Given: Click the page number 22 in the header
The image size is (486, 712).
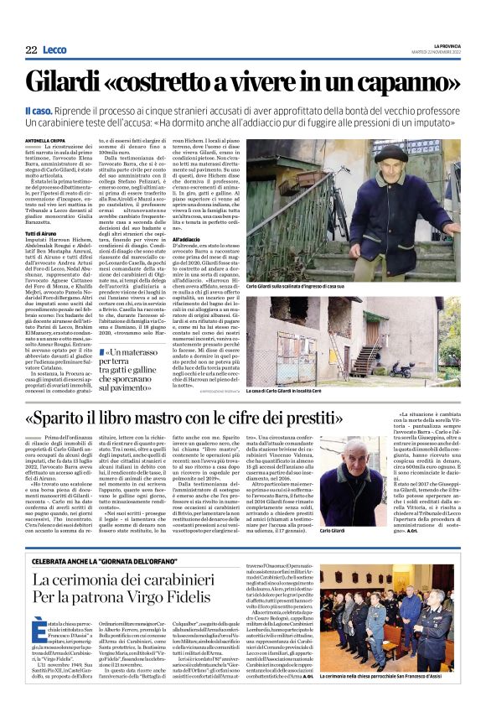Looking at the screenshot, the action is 32,50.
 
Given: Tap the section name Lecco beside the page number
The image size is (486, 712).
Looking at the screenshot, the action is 54,50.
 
